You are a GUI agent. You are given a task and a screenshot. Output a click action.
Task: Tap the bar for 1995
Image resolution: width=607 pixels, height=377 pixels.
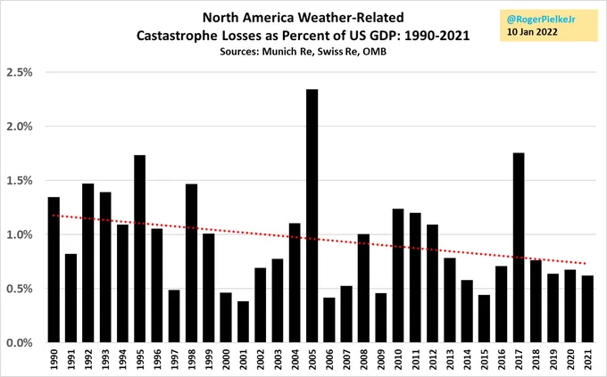click(x=140, y=249)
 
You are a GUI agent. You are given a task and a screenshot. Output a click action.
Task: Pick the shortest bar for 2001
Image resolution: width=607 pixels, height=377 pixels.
click(x=244, y=322)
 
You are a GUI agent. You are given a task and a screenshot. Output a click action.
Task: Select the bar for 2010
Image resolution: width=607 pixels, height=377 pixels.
click(x=399, y=275)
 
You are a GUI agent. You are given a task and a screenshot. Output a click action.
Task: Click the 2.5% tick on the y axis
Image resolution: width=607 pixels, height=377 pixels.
click(x=22, y=72)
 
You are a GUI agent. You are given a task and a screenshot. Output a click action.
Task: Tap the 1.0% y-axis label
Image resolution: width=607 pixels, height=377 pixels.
click(x=22, y=234)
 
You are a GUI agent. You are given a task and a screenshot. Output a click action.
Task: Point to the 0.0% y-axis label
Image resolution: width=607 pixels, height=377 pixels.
click(x=22, y=343)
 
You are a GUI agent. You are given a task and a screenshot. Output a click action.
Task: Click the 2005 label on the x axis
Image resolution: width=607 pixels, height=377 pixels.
click(x=312, y=360)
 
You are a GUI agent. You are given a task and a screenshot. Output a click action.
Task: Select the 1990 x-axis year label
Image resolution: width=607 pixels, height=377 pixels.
click(x=54, y=360)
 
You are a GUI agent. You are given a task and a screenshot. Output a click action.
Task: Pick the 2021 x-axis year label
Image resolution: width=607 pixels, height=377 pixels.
click(x=588, y=360)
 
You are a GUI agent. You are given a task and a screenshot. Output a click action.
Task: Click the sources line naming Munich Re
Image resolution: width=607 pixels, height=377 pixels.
click(x=303, y=51)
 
